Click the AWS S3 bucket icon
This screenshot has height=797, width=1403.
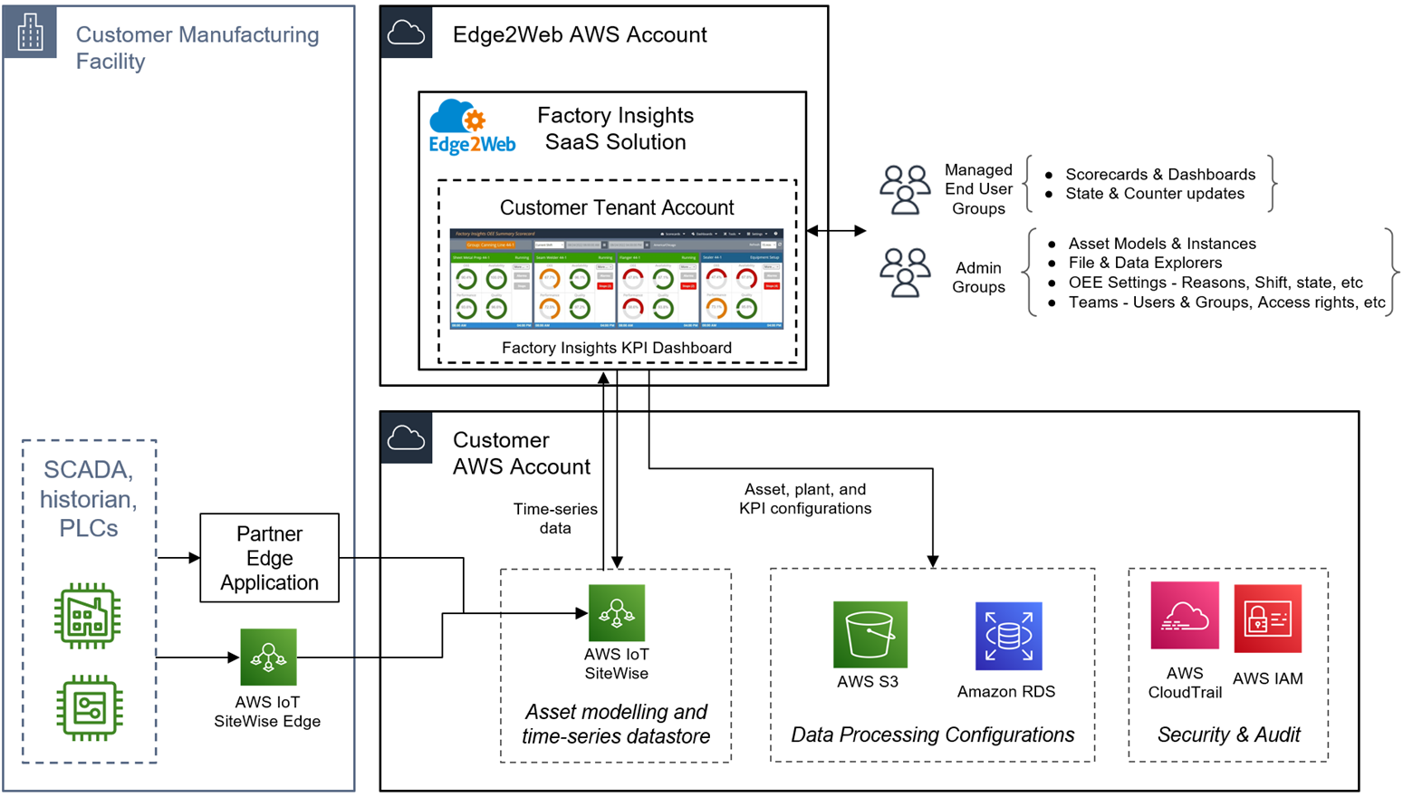click(870, 634)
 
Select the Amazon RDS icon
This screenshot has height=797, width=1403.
click(1008, 636)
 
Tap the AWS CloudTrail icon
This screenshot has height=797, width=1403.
click(1184, 616)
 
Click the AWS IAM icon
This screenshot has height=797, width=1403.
click(1267, 619)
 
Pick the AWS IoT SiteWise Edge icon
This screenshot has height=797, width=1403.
click(268, 657)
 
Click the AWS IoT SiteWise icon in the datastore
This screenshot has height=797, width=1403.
click(617, 613)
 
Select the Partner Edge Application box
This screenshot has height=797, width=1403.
click(269, 558)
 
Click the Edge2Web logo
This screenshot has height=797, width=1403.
click(471, 128)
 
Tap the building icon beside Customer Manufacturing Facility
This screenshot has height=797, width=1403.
click(30, 33)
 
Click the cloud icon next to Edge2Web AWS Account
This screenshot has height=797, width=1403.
click(406, 34)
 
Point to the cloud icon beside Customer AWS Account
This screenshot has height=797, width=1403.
click(406, 439)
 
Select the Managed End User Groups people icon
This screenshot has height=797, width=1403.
click(905, 189)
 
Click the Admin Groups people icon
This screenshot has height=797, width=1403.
click(905, 273)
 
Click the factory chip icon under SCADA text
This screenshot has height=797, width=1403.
click(88, 616)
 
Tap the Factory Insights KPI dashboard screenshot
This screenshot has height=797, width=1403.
click(616, 279)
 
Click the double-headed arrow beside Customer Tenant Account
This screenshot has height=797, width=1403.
click(836, 231)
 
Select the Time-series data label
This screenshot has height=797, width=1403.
click(555, 518)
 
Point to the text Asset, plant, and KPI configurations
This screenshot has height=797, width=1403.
click(805, 499)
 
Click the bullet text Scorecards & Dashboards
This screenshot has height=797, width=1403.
click(1159, 174)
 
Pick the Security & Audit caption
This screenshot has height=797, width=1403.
click(1228, 735)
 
